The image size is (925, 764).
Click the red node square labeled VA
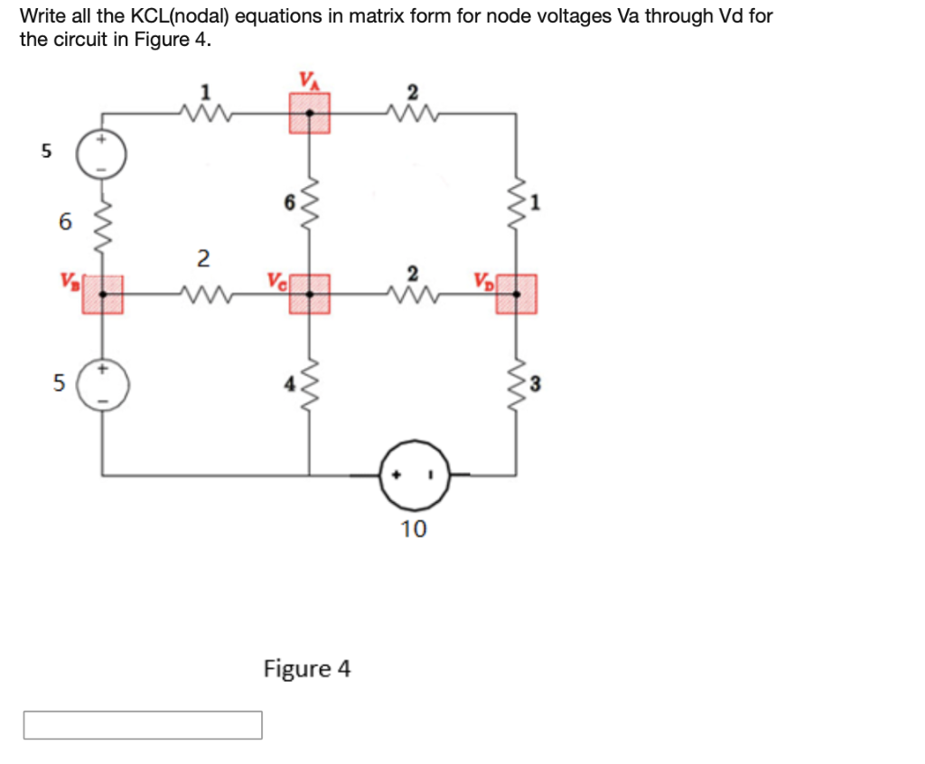(x=310, y=114)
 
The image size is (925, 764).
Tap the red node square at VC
(x=310, y=293)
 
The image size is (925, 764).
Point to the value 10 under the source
(x=414, y=529)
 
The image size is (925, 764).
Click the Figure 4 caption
(x=307, y=669)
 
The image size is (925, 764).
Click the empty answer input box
(x=143, y=724)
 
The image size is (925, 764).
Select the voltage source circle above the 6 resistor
(x=101, y=156)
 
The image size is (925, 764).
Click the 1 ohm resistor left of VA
(x=207, y=113)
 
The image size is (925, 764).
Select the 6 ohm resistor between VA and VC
(x=310, y=204)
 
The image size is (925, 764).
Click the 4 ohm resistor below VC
(x=310, y=385)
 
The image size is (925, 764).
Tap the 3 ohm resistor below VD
(x=517, y=385)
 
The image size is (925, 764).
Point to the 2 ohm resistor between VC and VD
(x=413, y=293)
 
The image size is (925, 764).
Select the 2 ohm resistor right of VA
(x=413, y=113)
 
